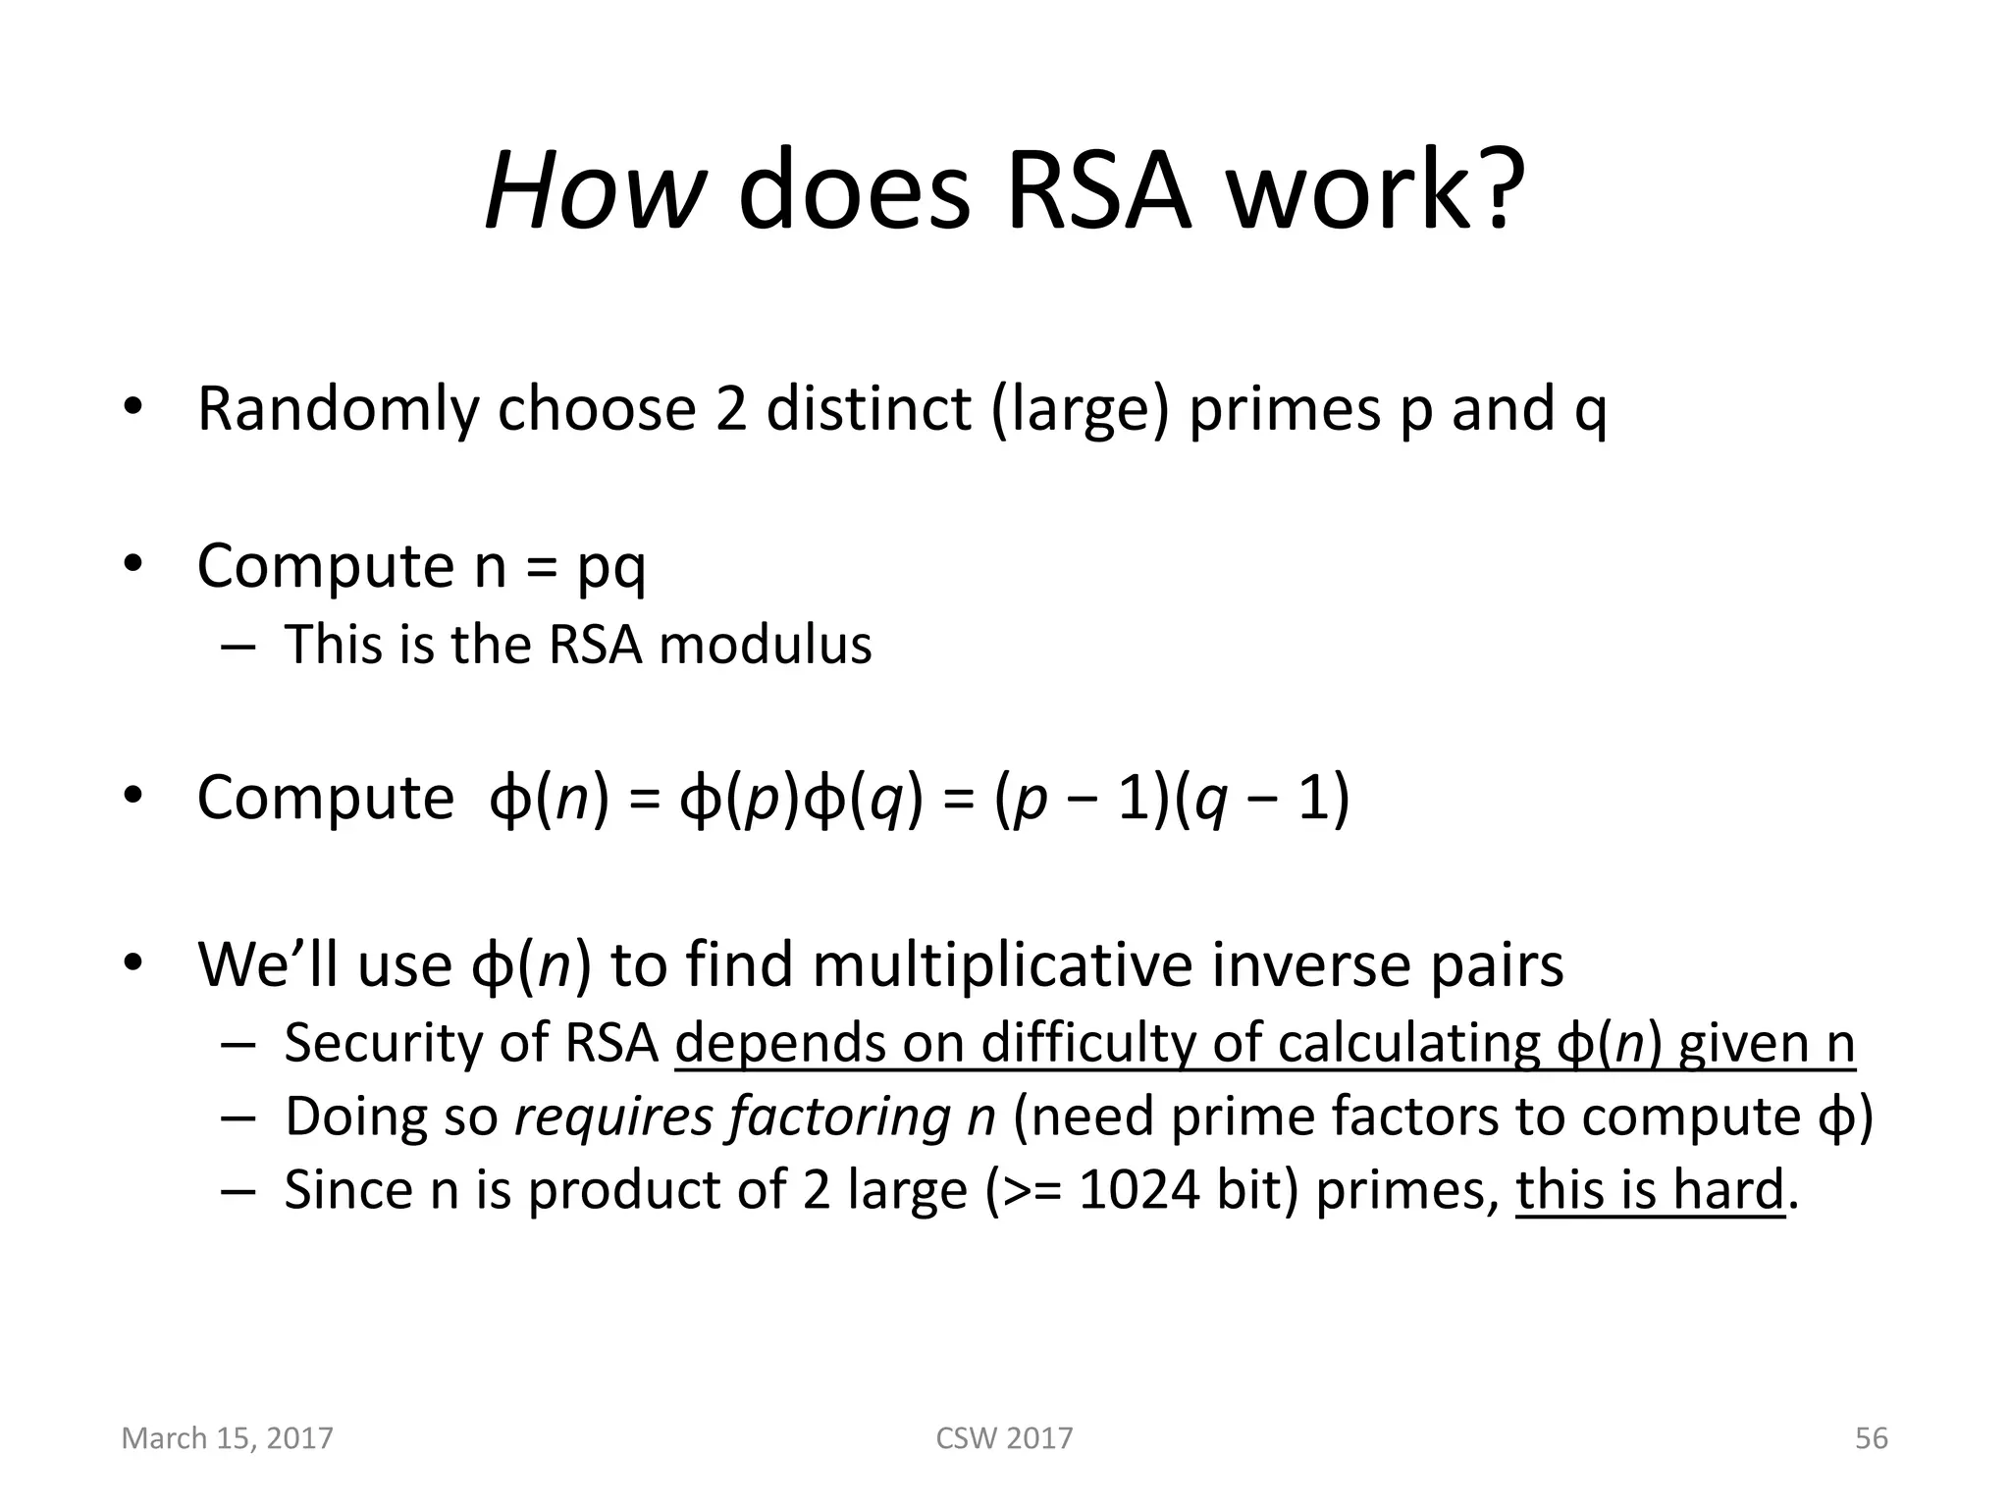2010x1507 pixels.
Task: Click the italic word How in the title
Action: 592,188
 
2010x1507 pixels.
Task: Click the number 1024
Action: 1138,1190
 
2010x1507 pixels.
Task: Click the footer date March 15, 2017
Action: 227,1438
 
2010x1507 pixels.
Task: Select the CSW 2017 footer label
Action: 1004,1438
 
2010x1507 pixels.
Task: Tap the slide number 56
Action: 1871,1438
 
